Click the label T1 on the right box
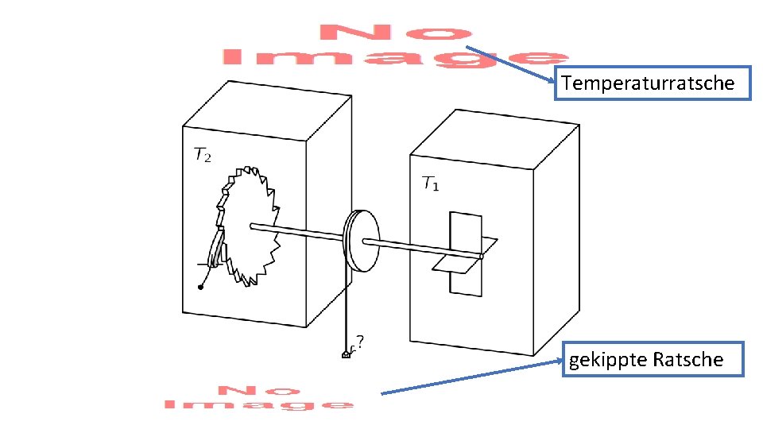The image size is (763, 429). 430,184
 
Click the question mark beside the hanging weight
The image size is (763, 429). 361,342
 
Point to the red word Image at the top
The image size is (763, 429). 394,58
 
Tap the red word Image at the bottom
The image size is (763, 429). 259,404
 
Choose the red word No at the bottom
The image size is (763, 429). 259,390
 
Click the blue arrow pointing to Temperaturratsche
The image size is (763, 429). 513,64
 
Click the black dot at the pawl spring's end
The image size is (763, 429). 200,288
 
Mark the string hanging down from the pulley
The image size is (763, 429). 347,302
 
